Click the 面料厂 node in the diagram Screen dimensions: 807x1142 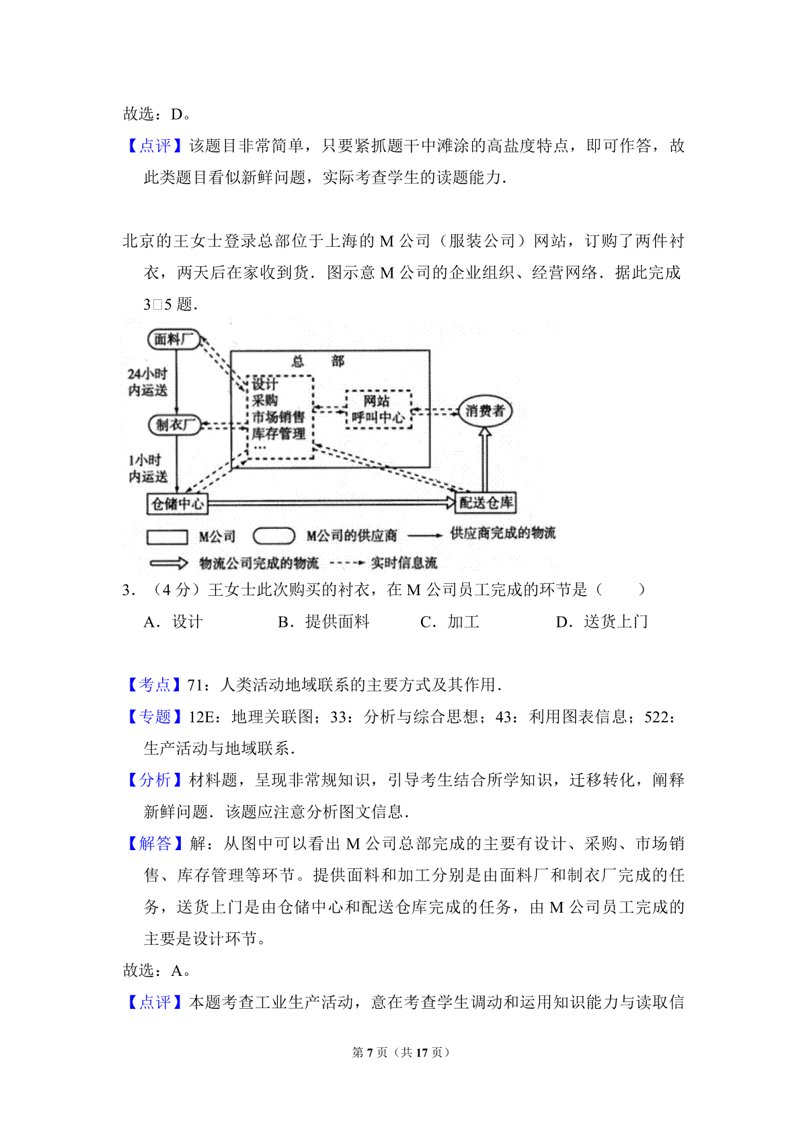(x=174, y=339)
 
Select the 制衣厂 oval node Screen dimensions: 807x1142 (x=174, y=424)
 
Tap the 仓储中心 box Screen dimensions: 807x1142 (x=178, y=504)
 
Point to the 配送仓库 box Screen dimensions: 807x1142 (x=486, y=502)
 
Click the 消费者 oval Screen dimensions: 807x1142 (x=485, y=411)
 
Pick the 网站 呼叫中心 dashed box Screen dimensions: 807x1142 (x=378, y=409)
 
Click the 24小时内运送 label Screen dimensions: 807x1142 (x=147, y=382)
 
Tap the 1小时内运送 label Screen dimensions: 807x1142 (x=147, y=469)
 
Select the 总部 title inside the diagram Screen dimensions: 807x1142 (x=318, y=361)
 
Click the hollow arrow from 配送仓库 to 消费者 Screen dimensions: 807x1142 (x=485, y=459)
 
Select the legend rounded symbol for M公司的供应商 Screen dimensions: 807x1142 (x=274, y=536)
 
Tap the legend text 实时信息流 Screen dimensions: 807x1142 (x=403, y=563)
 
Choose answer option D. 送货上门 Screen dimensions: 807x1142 (x=602, y=621)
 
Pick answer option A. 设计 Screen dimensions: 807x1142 (x=174, y=621)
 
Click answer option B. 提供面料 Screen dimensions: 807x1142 (x=323, y=621)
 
